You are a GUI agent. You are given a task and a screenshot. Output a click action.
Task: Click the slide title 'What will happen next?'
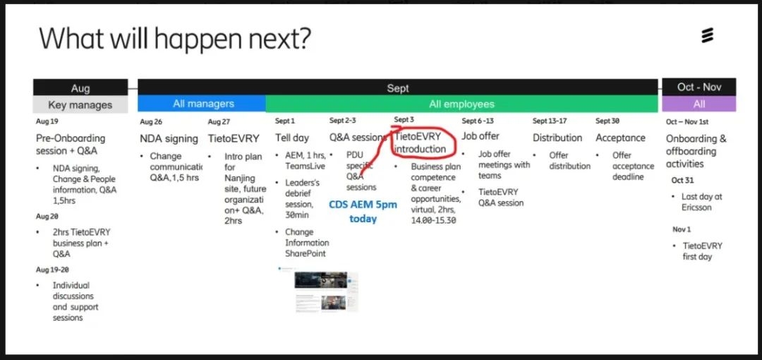tap(174, 38)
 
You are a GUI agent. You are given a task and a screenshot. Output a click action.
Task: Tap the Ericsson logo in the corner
tap(707, 35)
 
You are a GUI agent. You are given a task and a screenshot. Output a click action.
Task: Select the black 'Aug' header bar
tap(80, 87)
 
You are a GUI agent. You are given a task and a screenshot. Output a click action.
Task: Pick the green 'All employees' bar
tap(461, 104)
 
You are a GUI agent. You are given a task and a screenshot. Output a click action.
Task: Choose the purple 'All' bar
tap(698, 104)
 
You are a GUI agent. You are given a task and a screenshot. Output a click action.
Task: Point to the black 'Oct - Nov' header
tap(698, 87)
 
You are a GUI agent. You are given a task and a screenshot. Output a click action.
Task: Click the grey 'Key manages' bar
tap(80, 104)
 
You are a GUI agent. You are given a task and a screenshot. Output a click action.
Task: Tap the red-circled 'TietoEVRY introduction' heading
tap(420, 143)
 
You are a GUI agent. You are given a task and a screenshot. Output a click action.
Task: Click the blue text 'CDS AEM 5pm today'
tap(363, 212)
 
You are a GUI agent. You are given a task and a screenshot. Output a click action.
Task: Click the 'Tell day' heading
tap(292, 138)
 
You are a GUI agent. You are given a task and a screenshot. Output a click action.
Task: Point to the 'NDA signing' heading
tap(169, 138)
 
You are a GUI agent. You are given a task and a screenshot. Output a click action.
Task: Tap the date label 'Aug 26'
tap(151, 121)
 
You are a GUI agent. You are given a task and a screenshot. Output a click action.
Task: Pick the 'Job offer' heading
tap(480, 136)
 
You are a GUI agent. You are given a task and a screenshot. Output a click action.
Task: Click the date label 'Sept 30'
tap(607, 121)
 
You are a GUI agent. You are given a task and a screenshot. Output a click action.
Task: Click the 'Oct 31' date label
tap(682, 181)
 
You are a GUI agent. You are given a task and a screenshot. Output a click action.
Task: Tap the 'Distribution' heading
tap(557, 138)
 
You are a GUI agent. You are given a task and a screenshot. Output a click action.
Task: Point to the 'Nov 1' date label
tap(682, 229)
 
